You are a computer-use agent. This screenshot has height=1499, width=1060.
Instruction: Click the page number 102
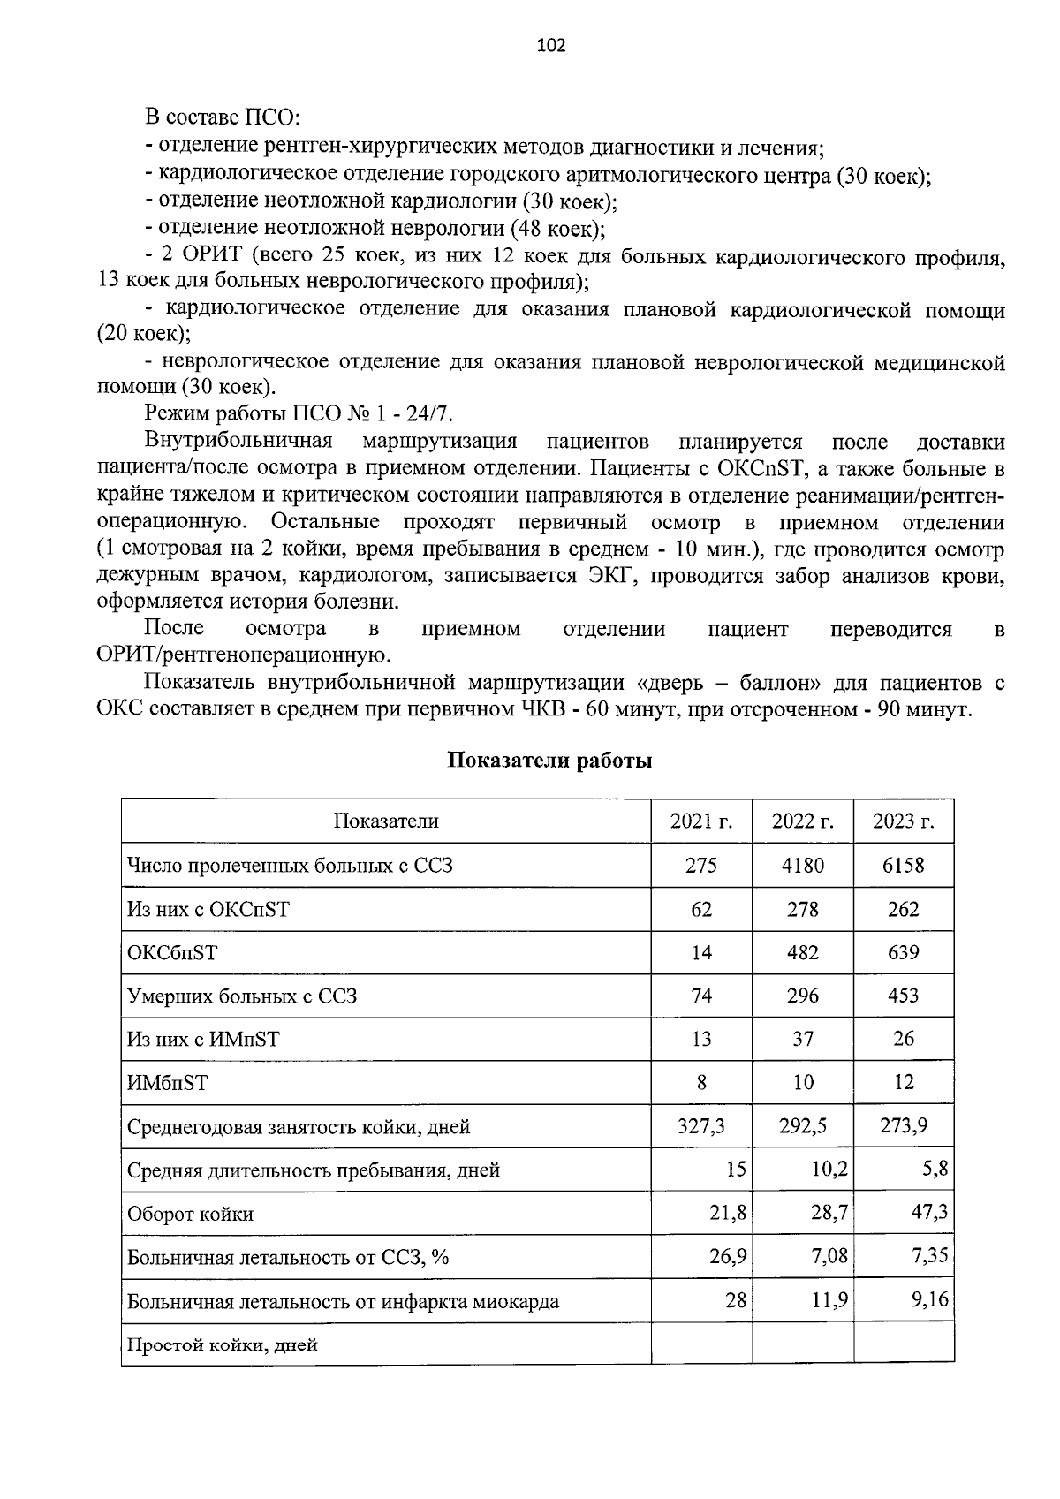(550, 45)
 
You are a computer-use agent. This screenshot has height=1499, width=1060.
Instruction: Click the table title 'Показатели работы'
(549, 761)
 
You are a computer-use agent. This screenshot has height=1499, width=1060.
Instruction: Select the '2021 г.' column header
(701, 821)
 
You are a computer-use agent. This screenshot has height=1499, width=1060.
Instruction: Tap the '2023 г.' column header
(903, 821)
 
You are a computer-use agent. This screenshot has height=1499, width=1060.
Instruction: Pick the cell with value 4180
(802, 865)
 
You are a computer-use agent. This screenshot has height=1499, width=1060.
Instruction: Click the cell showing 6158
(903, 865)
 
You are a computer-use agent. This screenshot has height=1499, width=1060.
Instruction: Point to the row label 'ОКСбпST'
(172, 952)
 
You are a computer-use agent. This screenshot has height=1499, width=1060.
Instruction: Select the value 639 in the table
(903, 952)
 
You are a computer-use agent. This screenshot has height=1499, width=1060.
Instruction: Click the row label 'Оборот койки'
(190, 1214)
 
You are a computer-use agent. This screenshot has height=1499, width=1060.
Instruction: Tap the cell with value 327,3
(701, 1126)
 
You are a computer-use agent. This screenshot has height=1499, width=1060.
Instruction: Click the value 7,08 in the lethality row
(829, 1255)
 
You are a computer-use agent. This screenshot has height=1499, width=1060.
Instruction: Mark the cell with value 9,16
(929, 1299)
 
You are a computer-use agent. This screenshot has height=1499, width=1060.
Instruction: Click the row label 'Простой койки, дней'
(223, 1345)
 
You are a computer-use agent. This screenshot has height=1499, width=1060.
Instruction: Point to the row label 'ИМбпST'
(168, 1083)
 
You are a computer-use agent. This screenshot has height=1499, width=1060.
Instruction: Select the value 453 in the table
(903, 996)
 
